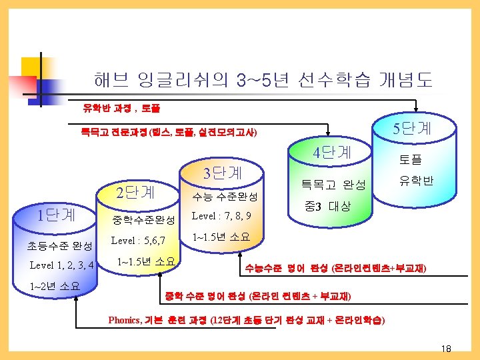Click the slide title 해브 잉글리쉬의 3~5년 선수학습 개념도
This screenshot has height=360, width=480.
click(x=262, y=81)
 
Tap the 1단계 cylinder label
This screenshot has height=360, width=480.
click(x=56, y=215)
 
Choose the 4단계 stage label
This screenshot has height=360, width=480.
click(x=332, y=152)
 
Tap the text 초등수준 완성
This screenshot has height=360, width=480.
click(x=59, y=245)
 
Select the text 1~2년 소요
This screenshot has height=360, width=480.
click(x=55, y=287)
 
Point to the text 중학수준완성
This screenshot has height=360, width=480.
click(x=143, y=219)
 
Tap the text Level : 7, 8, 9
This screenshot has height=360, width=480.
click(x=221, y=216)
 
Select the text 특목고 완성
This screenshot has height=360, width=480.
click(x=333, y=183)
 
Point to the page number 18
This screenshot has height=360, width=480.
click(x=446, y=349)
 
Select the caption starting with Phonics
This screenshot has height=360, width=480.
click(x=246, y=319)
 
